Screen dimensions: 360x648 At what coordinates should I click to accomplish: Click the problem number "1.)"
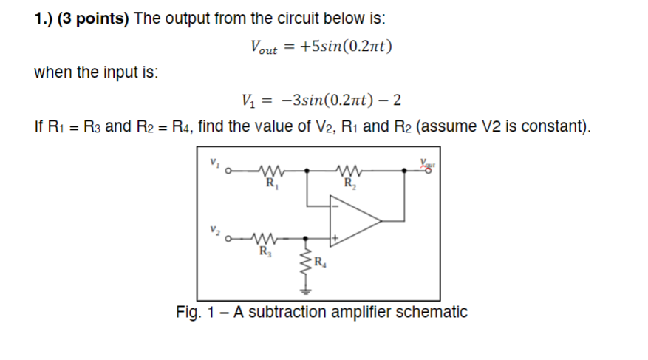(x=47, y=18)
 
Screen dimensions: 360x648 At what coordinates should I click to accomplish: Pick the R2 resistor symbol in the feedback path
(x=347, y=169)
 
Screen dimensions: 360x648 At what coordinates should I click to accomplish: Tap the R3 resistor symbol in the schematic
(x=263, y=238)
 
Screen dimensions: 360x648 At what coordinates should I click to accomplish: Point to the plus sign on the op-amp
(x=336, y=238)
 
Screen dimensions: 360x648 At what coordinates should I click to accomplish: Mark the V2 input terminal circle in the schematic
(x=229, y=239)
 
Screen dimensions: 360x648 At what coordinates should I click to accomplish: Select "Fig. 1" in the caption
(x=194, y=312)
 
